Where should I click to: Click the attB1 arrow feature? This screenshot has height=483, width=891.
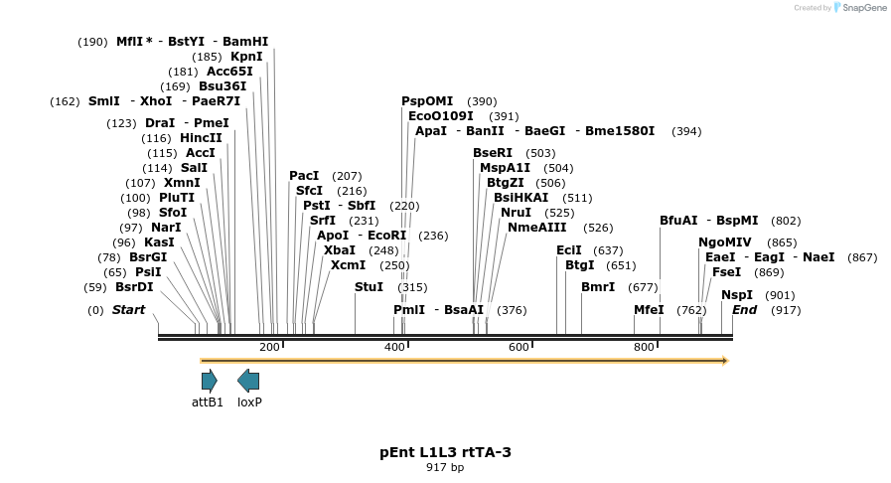pos(209,380)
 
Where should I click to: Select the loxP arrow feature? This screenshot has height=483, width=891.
pos(248,380)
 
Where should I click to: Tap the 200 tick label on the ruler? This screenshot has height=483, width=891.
pos(269,347)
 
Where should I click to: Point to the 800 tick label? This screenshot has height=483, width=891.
pos(644,347)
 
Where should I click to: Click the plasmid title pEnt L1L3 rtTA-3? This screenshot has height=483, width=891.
pos(445,452)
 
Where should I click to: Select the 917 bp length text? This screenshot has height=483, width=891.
pos(445,467)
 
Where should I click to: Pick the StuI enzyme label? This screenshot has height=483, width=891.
pos(369,287)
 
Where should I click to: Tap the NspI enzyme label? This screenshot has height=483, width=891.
pos(737,295)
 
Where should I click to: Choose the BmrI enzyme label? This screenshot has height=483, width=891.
pos(598,287)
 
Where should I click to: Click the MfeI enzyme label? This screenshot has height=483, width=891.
pos(649,310)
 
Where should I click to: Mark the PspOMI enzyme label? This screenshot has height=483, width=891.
pos(427,101)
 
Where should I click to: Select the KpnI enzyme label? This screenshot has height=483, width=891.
pos(246,57)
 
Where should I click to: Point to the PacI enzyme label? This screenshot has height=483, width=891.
pos(305,176)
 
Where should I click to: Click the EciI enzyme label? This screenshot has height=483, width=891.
pos(569,250)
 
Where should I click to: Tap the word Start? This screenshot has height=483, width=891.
pos(128,310)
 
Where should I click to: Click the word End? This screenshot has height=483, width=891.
pos(744,310)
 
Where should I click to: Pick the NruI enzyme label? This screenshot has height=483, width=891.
pos(517,213)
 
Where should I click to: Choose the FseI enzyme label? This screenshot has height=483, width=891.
pos(726,272)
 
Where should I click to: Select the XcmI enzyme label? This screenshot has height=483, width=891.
pos(348,265)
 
